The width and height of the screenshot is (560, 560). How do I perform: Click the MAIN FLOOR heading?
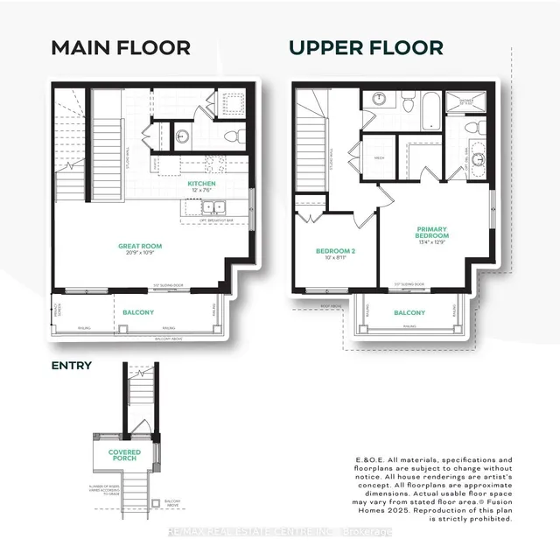(x=120, y=47)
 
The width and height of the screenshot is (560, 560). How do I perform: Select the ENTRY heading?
(x=71, y=366)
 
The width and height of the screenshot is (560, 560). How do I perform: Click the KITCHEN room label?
(x=202, y=184)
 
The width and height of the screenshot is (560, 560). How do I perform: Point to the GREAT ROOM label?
(x=141, y=247)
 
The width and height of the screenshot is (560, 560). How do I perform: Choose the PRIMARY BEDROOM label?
(x=432, y=232)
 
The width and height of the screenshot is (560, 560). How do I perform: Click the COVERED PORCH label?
(x=124, y=455)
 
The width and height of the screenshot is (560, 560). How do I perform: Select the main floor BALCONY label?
(x=138, y=312)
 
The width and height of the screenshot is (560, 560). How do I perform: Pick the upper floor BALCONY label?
(x=409, y=312)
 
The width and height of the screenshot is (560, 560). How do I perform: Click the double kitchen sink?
(x=213, y=208)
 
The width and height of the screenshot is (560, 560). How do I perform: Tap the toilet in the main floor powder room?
(x=230, y=136)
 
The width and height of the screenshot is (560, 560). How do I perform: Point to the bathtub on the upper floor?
(x=432, y=112)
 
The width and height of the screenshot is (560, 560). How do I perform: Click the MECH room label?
(x=380, y=158)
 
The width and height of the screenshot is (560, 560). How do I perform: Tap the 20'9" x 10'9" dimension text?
(x=141, y=254)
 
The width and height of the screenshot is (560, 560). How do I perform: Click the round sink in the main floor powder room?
(x=184, y=136)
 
